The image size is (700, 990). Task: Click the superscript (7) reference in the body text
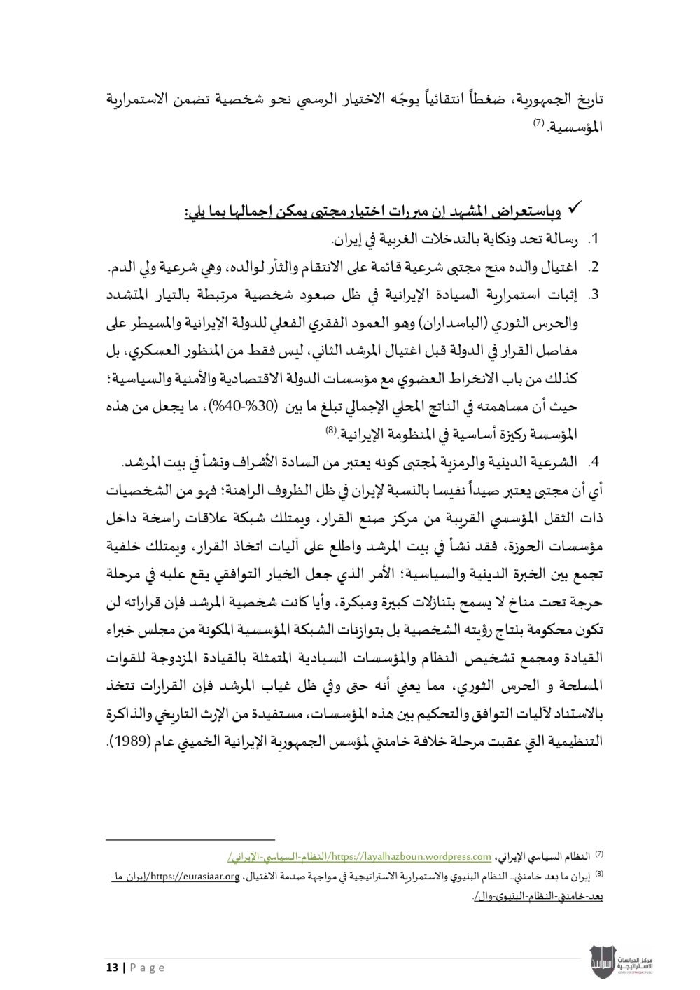[538, 123]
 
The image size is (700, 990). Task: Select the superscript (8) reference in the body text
[332, 431]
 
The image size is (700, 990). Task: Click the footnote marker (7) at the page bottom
[598, 854]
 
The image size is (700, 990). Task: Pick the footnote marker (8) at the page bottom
[598, 874]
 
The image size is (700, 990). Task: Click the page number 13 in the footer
[111, 968]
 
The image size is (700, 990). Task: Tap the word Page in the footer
[147, 968]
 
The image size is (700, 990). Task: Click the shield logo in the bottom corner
[603, 958]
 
